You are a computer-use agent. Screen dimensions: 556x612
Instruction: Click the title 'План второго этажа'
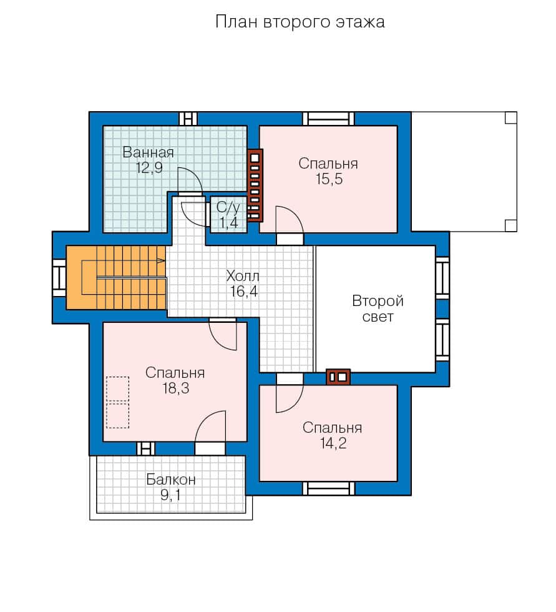(x=300, y=22)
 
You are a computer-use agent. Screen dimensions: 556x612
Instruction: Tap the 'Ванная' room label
(x=148, y=152)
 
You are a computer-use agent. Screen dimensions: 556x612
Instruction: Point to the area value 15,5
(x=329, y=179)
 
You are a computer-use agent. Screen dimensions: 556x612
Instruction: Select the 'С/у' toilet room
(x=228, y=215)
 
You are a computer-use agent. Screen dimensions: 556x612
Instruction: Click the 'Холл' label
(x=243, y=276)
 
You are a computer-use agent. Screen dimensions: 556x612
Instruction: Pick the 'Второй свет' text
(x=378, y=308)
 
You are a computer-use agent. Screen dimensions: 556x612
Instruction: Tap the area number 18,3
(x=176, y=388)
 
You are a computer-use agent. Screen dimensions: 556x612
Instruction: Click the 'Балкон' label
(x=171, y=480)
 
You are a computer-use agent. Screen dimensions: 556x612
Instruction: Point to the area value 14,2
(x=333, y=443)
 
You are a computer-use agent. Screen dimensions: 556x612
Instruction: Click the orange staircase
(x=116, y=277)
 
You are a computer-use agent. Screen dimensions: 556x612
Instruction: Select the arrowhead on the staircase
(x=161, y=260)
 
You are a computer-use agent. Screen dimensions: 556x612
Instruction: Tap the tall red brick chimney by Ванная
(x=255, y=185)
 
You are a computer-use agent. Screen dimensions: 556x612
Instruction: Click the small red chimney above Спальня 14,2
(x=338, y=377)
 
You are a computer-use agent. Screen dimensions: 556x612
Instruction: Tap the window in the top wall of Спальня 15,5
(x=329, y=118)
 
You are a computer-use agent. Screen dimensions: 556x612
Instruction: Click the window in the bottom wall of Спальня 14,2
(x=329, y=488)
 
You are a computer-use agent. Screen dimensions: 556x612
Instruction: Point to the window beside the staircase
(x=59, y=277)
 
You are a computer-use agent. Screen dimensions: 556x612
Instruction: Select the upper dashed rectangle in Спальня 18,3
(x=117, y=388)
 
